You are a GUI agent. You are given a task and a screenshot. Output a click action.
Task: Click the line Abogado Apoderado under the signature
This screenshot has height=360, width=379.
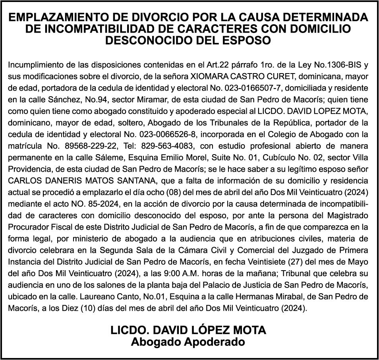(188, 342)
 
